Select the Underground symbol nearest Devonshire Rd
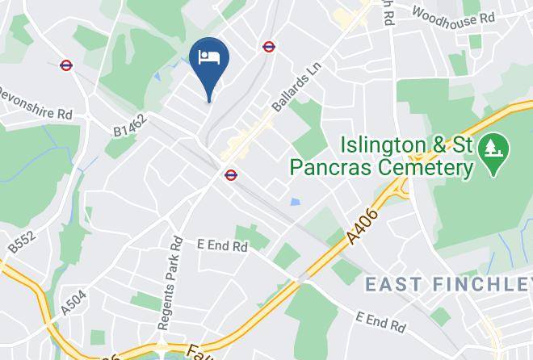(x=66, y=65)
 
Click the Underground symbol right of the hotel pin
(x=269, y=47)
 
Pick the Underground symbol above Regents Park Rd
(x=231, y=174)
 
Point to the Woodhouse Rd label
(x=453, y=15)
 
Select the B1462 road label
(x=129, y=124)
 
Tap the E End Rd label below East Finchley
(x=380, y=321)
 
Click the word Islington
(x=381, y=145)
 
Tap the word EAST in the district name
(x=394, y=284)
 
